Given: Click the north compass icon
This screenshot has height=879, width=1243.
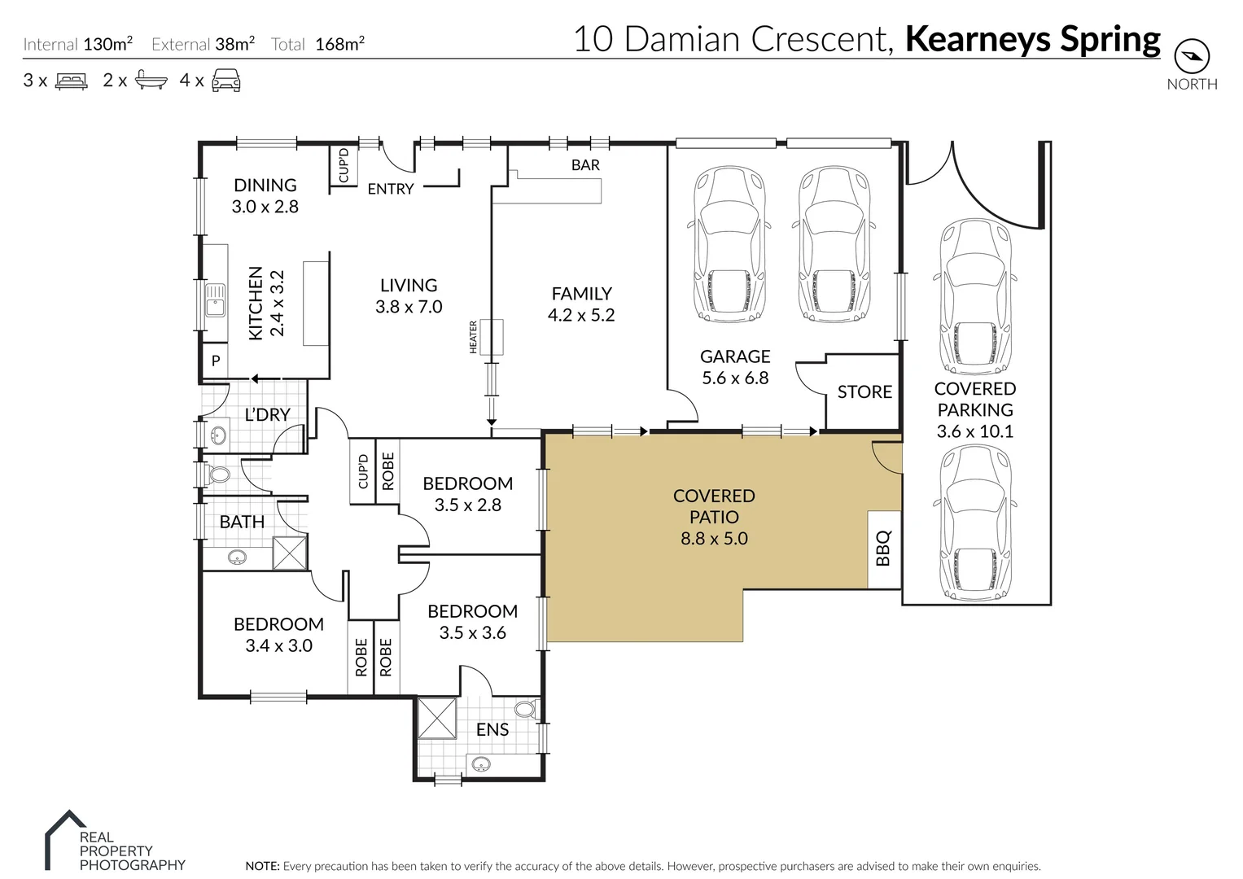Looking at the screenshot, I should click(1192, 56).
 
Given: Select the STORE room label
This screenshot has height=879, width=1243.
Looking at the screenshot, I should click(864, 391).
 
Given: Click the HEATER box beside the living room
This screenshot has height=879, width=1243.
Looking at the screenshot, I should click(492, 337).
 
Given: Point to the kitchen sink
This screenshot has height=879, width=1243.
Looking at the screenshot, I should click(215, 300).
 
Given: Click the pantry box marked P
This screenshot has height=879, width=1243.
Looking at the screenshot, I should click(216, 360).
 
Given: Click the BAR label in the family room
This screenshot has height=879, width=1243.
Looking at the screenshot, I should click(585, 164).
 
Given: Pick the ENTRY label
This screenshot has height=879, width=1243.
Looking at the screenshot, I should click(391, 189).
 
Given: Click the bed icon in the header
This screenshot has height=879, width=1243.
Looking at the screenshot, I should click(71, 81).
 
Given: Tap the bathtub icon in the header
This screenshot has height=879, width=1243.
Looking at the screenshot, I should click(151, 81).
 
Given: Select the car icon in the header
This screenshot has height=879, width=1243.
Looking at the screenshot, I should click(226, 81).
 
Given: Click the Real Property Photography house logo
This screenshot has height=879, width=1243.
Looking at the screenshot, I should click(65, 834).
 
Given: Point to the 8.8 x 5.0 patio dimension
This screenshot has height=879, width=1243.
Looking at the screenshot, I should click(714, 538).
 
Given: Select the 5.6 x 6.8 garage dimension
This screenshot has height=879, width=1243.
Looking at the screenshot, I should click(735, 378).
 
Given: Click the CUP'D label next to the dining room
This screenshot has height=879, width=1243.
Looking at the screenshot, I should click(344, 166).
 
